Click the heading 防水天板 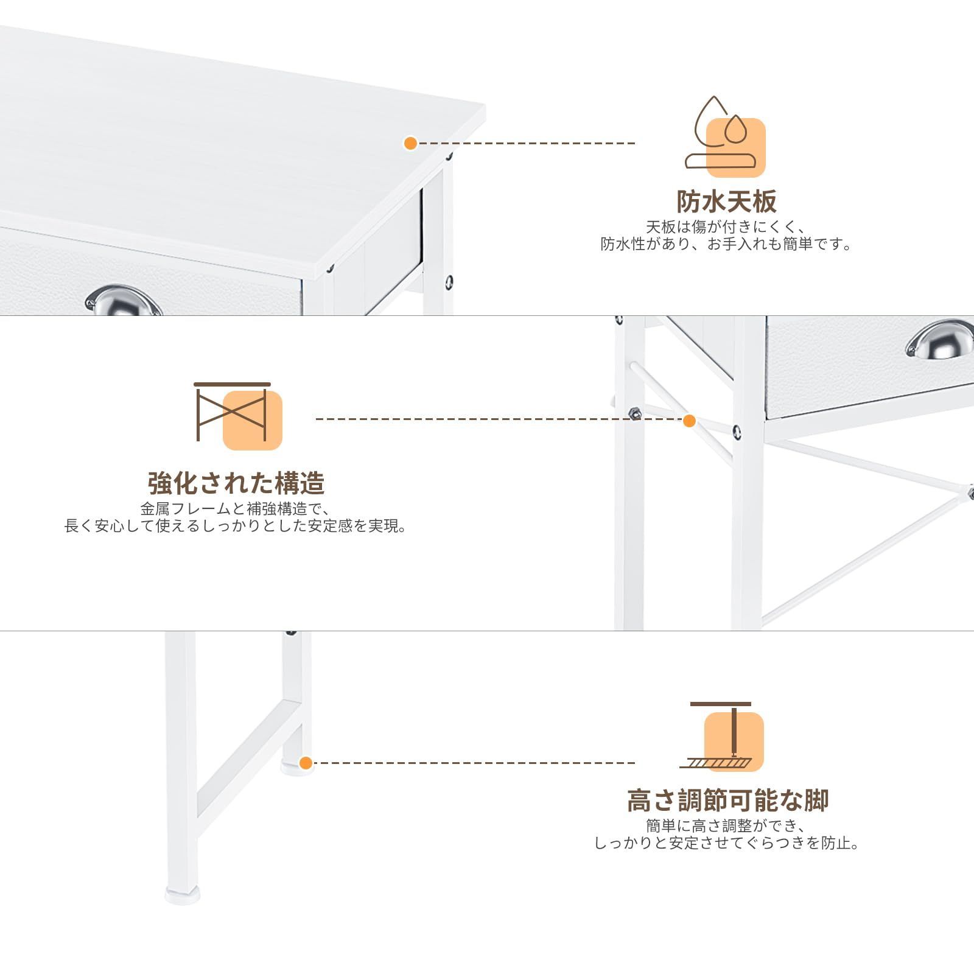tap(726, 201)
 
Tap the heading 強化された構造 tap(236, 483)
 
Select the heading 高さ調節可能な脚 tap(727, 801)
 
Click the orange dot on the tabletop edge tap(410, 144)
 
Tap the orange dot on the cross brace tap(689, 421)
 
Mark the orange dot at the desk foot tap(306, 763)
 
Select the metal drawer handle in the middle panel tap(940, 340)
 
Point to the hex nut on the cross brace tap(634, 413)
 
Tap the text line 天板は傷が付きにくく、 tap(726, 227)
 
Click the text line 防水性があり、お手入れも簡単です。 tap(726, 244)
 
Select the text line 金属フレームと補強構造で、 tap(236, 509)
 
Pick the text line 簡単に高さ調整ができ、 tap(726, 826)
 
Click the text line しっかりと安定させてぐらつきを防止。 tap(726, 843)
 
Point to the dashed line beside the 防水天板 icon tap(527, 144)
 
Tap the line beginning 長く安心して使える tap(236, 526)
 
